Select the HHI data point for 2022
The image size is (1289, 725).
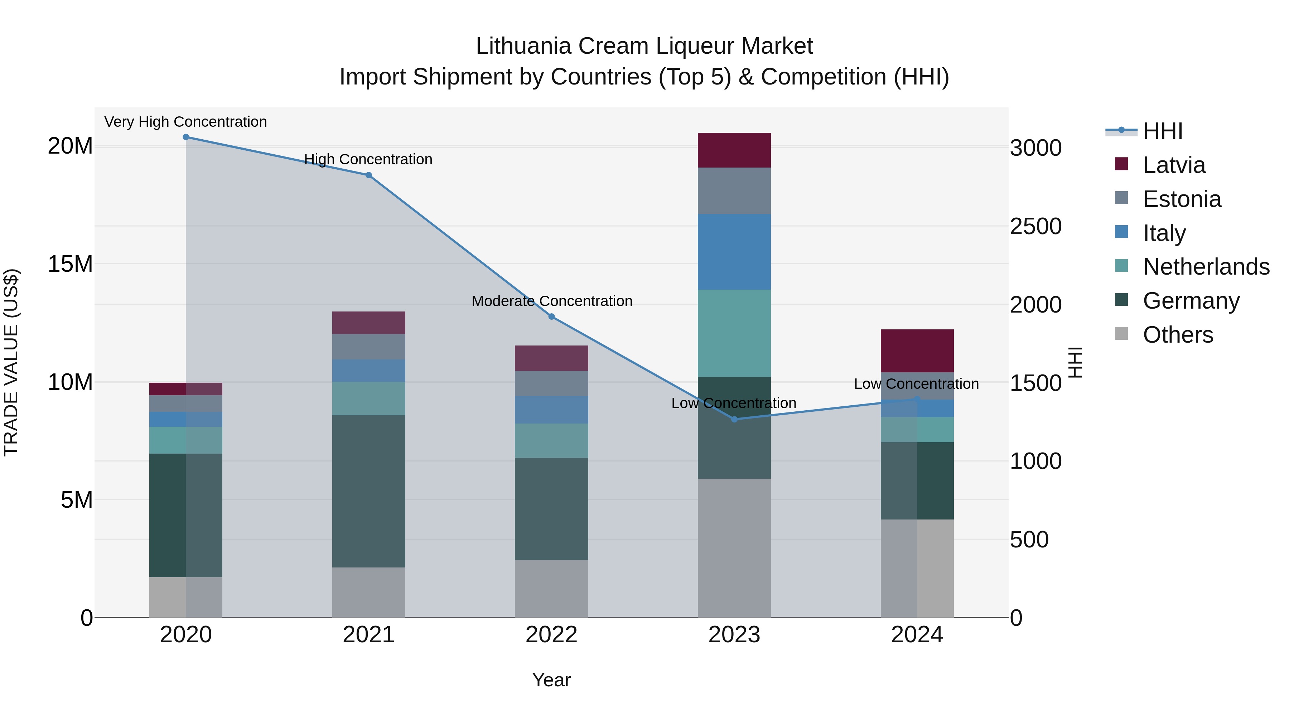click(x=551, y=317)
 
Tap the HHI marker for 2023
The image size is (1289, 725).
click(x=734, y=419)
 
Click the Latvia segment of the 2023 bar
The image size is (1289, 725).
click(x=734, y=150)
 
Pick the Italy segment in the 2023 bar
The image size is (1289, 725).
click(x=734, y=252)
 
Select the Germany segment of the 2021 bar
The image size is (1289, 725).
click(x=369, y=491)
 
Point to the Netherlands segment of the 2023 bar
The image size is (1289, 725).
click(x=734, y=333)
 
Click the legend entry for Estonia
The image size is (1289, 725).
click(x=1182, y=199)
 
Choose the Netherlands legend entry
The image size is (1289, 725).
click(x=1206, y=267)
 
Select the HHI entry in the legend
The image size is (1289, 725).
click(x=1162, y=131)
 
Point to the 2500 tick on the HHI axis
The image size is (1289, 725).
click(x=1035, y=226)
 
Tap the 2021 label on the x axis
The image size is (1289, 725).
click(x=369, y=635)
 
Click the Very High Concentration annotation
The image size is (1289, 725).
click(x=185, y=122)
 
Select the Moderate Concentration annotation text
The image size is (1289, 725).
click(x=552, y=301)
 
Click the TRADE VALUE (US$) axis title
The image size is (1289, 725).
click(x=11, y=362)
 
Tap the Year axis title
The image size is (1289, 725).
click(x=551, y=680)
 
